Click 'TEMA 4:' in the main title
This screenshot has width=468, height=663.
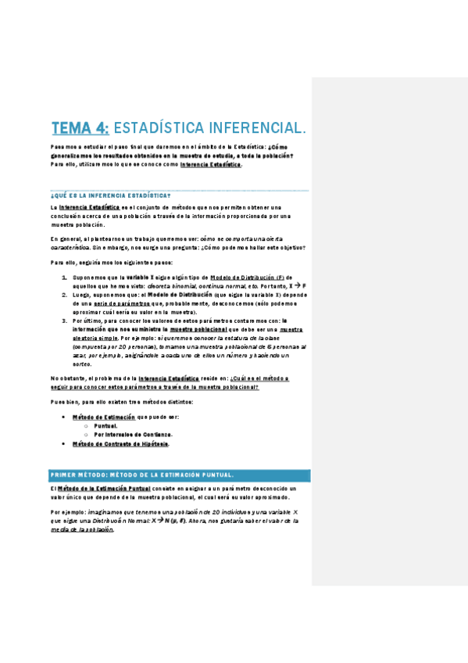[x=80, y=127]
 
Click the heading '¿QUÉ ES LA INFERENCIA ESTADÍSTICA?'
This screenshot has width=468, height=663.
[x=109, y=194]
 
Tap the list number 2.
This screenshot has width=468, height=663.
[x=65, y=296]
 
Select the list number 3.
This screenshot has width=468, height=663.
[x=65, y=321]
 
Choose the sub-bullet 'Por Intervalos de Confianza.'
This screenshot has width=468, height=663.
[x=133, y=435]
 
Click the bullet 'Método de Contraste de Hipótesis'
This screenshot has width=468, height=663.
[x=120, y=443]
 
